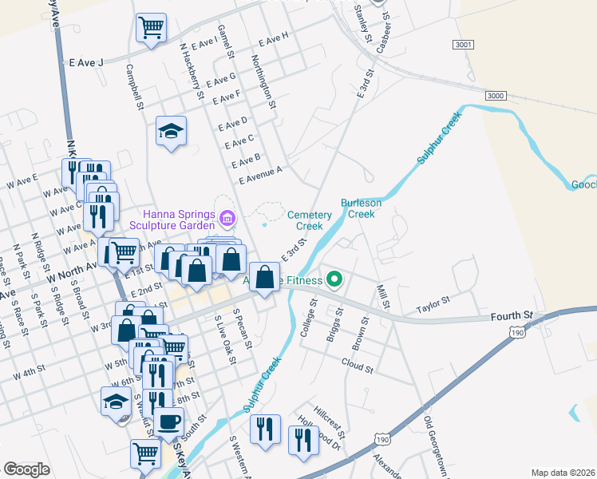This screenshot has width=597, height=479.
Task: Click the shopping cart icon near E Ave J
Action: [x=151, y=27]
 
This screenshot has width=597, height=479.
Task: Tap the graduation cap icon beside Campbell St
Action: [x=171, y=131]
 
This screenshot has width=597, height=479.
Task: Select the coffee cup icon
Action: [x=168, y=421]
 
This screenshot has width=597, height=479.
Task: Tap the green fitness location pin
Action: [x=334, y=280]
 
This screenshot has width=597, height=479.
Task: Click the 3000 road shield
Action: [x=496, y=95]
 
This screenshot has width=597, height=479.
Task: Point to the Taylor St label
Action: [x=433, y=304]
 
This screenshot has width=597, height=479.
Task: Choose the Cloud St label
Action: [x=357, y=368]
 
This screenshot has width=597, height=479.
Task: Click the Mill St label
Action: [x=385, y=295]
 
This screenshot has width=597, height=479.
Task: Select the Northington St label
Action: [x=263, y=81]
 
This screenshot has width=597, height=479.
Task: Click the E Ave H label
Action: [x=273, y=37]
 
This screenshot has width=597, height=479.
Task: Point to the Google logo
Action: [x=26, y=469]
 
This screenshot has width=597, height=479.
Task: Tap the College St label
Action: [x=308, y=320]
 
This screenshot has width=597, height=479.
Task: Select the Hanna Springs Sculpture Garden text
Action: [x=180, y=220]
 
